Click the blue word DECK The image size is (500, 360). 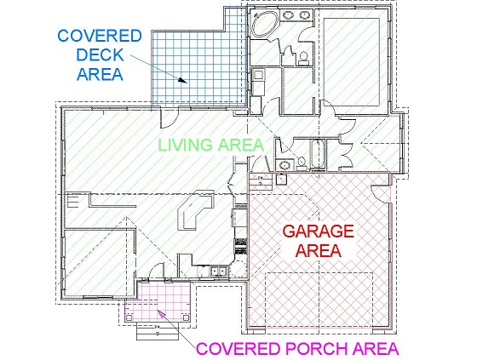pos(100,54)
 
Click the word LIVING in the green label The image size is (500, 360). pos(186,145)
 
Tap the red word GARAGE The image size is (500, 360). pos(319,231)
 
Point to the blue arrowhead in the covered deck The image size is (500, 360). pos(182,80)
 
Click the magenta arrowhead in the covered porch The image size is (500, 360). pos(162,313)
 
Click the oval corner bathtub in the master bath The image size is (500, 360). pos(265,25)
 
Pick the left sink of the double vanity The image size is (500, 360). pos(289,15)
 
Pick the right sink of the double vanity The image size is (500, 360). pos(305,15)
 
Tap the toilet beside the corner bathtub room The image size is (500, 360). pos(303,58)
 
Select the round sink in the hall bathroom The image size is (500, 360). pos(284,165)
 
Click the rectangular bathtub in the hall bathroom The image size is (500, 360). pos(319,155)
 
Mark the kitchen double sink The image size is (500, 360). pos(218,271)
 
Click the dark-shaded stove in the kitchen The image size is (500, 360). pos(241,246)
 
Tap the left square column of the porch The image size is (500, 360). pos(129,317)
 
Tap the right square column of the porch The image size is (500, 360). pos(186,317)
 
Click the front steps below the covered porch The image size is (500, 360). pos(158,331)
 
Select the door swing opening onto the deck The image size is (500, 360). pos(169,117)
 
